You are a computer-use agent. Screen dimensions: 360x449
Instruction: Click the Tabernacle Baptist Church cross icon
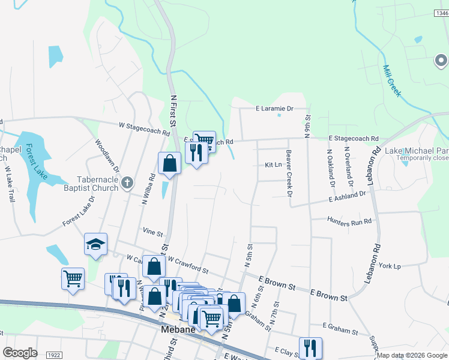[127, 182]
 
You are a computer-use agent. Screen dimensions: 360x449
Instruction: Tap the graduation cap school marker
[95, 244]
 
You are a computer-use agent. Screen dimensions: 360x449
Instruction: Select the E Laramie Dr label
[274, 109]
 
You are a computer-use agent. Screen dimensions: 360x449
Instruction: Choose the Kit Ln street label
[273, 164]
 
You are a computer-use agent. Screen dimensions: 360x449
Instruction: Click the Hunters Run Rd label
[349, 221]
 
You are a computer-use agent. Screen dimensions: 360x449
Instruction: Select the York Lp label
[390, 266]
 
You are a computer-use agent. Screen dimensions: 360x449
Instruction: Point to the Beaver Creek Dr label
[289, 173]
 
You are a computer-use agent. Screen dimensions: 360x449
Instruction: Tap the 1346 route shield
[441, 13]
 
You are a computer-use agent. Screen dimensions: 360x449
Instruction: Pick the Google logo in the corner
[20, 353]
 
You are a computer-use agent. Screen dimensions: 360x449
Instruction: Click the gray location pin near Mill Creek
[441, 61]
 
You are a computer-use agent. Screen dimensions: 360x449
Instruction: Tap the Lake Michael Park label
[417, 151]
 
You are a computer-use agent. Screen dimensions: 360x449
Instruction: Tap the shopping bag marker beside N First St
[170, 163]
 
